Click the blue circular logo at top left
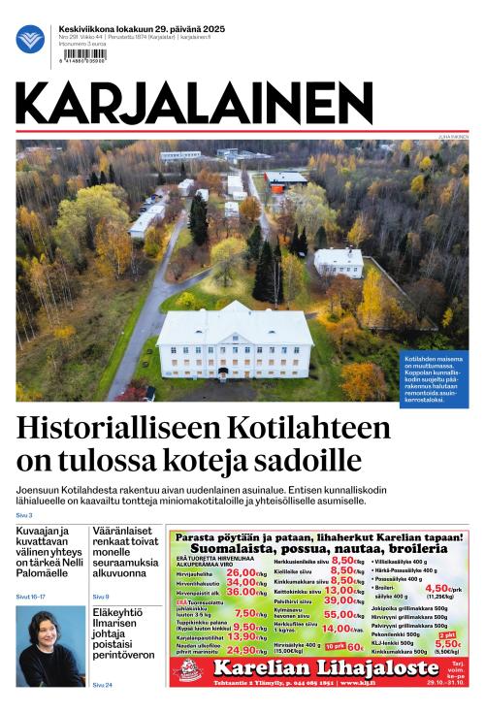(30, 39)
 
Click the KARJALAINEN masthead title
(194, 103)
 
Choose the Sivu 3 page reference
(24, 515)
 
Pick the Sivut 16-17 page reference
(31, 597)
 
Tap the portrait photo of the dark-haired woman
(50, 646)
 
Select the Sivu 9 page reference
(101, 597)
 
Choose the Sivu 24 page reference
(102, 685)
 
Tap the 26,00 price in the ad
(241, 573)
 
